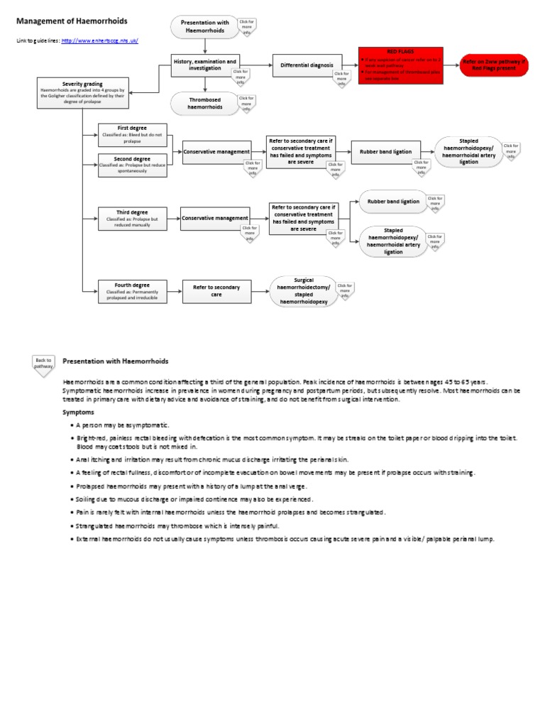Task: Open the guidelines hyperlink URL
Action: (99, 40)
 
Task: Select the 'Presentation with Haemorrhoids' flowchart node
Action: (205, 27)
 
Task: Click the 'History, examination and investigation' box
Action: (205, 65)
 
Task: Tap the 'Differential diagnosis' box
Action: (302, 65)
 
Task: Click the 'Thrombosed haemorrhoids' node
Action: (204, 103)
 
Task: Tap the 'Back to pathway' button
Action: (43, 363)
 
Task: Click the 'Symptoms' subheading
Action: (77, 412)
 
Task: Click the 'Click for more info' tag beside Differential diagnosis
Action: (341, 77)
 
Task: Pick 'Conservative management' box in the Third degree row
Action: (215, 219)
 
